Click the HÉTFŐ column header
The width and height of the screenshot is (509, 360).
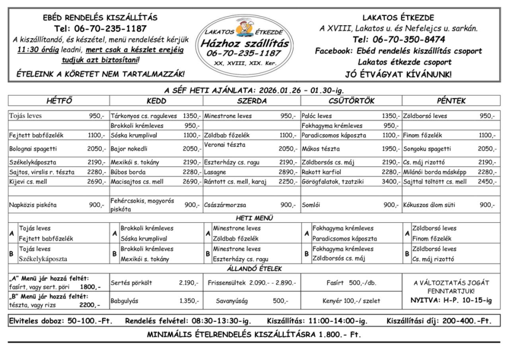coord(59,101)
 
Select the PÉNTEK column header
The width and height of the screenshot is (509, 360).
coord(451,101)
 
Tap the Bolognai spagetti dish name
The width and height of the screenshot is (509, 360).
coord(33,149)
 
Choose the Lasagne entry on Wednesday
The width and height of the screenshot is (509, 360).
coord(215,172)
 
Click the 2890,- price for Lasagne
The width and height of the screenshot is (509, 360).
coord(288,172)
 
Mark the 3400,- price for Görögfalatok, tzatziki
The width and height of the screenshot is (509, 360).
coord(390,182)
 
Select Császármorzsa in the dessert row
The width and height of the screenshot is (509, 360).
coord(225,205)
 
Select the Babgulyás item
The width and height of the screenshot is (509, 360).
coord(124,301)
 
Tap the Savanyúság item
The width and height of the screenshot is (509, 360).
coord(232,301)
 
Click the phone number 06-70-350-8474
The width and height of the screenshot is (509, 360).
coord(399,39)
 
